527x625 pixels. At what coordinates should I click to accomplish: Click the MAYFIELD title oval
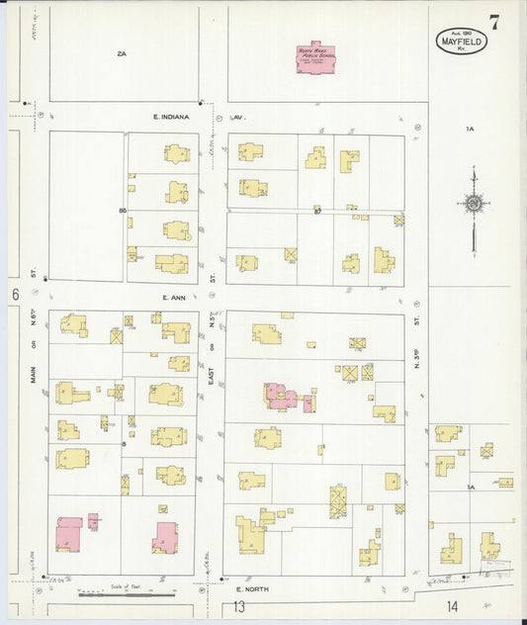pyautogui.click(x=461, y=41)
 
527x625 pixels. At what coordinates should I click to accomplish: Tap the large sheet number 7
pyautogui.click(x=493, y=22)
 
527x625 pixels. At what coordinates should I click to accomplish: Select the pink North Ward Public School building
pyautogui.click(x=316, y=58)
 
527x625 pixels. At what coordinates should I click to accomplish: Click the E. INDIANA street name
pyautogui.click(x=170, y=117)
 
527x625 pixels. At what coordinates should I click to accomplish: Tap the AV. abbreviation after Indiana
pyautogui.click(x=238, y=117)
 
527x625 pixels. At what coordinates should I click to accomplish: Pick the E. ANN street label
pyautogui.click(x=174, y=297)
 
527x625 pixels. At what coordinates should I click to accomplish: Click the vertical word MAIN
pyautogui.click(x=33, y=375)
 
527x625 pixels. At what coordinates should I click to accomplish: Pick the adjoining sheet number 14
pyautogui.click(x=452, y=606)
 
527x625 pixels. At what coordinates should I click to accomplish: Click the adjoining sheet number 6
pyautogui.click(x=15, y=295)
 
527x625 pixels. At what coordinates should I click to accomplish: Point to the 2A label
pyautogui.click(x=123, y=53)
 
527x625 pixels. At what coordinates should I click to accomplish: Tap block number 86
pyautogui.click(x=123, y=211)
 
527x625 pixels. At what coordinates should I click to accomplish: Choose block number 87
pyautogui.click(x=318, y=211)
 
